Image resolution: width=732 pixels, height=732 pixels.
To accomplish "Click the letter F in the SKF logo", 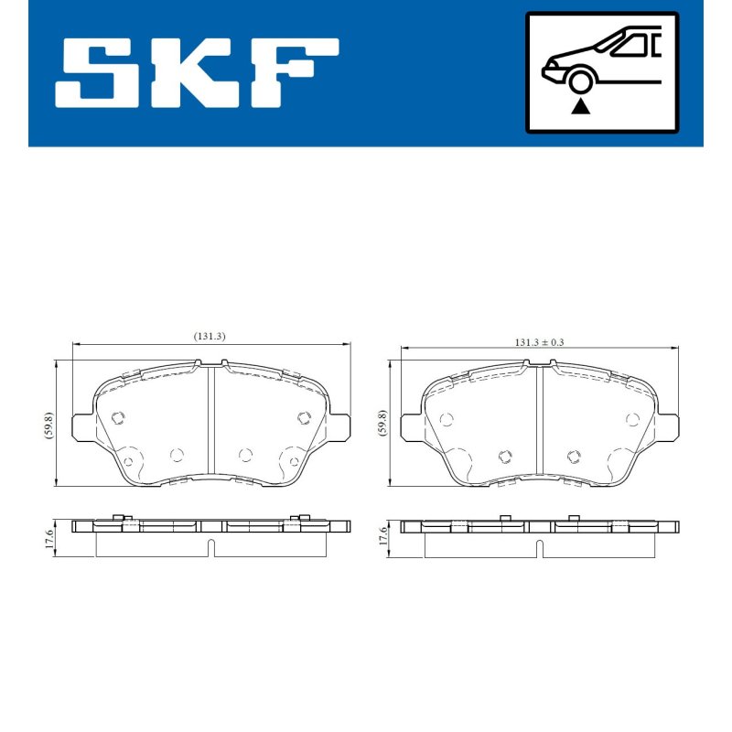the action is click(295, 73).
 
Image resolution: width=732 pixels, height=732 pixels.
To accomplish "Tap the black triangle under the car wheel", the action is click(580, 106).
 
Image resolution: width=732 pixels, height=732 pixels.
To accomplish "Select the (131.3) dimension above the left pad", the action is click(210, 336).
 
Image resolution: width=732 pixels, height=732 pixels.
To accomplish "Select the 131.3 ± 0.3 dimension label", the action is click(539, 342).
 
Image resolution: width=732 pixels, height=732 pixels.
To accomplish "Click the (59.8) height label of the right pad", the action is click(382, 423).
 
